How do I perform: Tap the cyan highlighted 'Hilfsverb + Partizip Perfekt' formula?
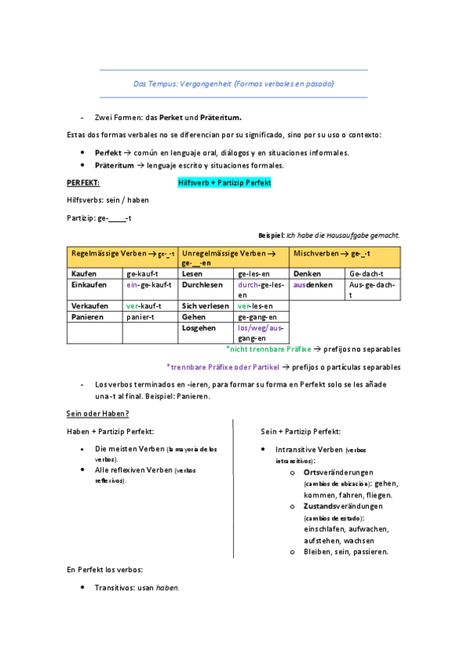pyautogui.click(x=224, y=182)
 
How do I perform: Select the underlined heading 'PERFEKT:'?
pyautogui.click(x=83, y=182)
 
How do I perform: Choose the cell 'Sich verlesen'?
pyautogui.click(x=206, y=306)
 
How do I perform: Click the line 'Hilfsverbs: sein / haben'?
pyautogui.click(x=108, y=200)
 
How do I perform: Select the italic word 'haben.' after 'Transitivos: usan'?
pyautogui.click(x=168, y=588)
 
